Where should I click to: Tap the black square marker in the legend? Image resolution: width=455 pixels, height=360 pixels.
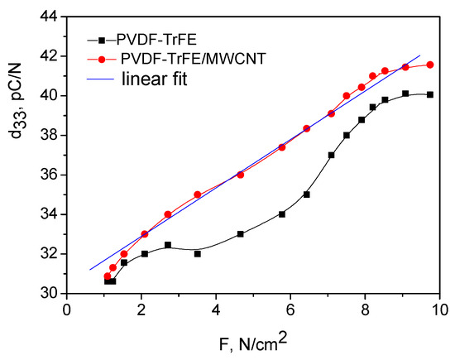click(101, 40)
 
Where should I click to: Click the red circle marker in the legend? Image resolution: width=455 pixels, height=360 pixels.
click(101, 60)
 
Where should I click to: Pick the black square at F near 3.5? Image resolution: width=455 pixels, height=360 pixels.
click(198, 253)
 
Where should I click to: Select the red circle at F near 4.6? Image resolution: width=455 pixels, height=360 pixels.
click(240, 175)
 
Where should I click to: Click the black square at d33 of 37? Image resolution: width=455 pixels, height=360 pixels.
click(331, 155)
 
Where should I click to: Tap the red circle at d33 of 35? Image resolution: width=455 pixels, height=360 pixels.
click(197, 194)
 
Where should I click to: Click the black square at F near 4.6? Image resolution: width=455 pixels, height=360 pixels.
click(240, 234)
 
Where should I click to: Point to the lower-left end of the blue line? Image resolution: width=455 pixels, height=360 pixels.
click(89, 270)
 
